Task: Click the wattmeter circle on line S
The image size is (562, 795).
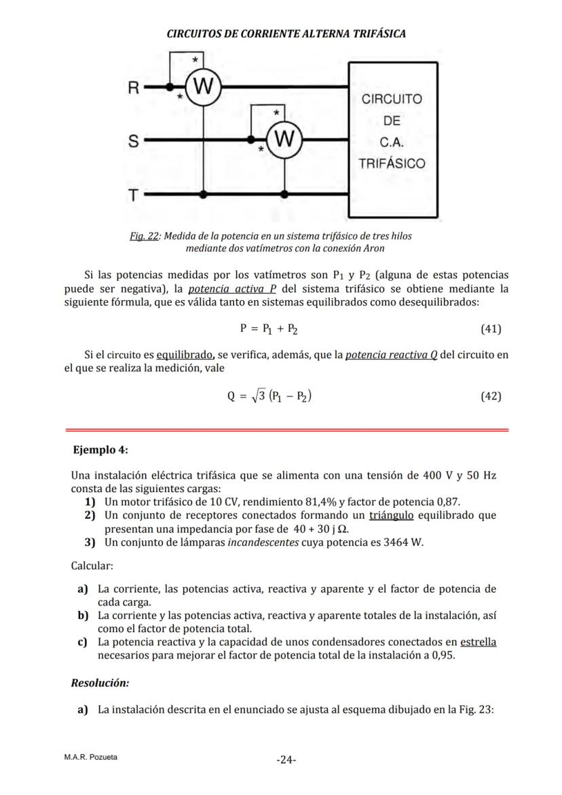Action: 284,141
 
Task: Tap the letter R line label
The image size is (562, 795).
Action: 134,88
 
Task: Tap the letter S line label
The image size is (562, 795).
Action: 134,141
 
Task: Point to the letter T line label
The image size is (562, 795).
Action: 134,196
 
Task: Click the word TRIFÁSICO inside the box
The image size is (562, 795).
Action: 392,164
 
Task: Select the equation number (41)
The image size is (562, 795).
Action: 490,329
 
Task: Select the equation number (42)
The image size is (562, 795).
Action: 490,396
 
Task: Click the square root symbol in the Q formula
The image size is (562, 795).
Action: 255,396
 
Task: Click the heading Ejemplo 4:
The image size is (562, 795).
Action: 100,450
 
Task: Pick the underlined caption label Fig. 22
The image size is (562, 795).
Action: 144,236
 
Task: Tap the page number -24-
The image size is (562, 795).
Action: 286,760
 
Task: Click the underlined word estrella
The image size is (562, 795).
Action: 478,642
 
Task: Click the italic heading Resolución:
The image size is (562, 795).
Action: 100,683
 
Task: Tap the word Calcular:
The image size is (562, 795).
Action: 92,566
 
